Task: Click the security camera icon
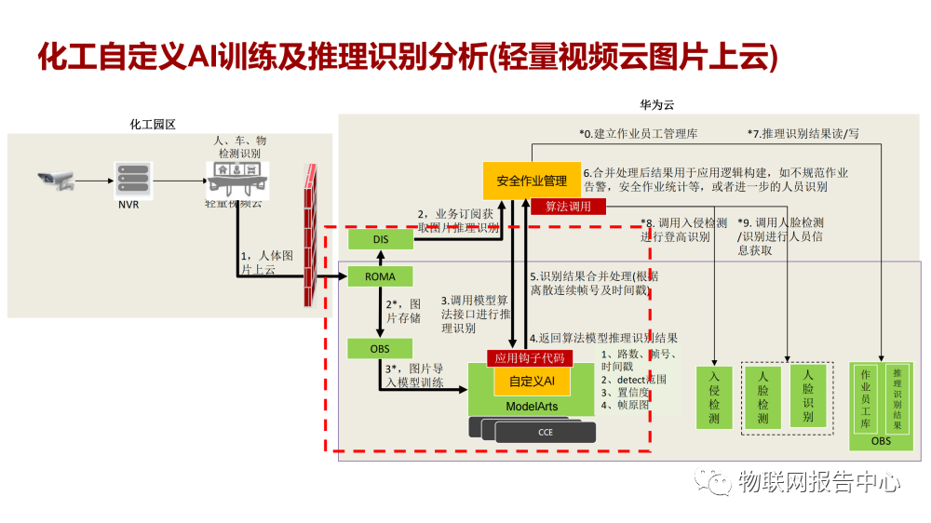click(x=56, y=180)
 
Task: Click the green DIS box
click(x=380, y=239)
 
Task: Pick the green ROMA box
click(x=380, y=276)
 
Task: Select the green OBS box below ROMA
click(x=380, y=349)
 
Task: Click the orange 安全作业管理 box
click(x=532, y=180)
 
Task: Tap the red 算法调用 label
click(x=568, y=207)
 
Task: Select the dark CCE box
click(x=546, y=432)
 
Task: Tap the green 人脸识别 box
click(x=808, y=396)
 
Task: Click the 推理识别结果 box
click(x=897, y=398)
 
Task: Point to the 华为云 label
click(x=656, y=104)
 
